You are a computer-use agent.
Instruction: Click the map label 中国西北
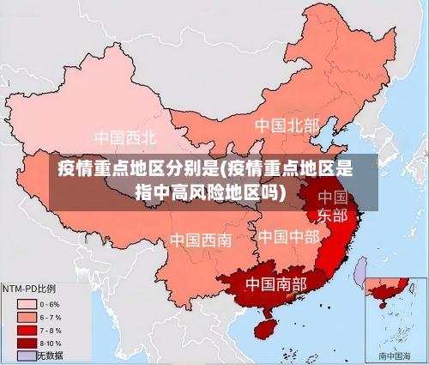pyautogui.click(x=125, y=137)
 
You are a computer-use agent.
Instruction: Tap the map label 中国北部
pyautogui.click(x=287, y=125)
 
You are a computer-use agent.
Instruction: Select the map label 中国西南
pyautogui.click(x=200, y=240)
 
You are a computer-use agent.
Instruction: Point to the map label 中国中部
pyautogui.click(x=288, y=236)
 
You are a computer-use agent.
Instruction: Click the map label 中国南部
pyautogui.click(x=275, y=283)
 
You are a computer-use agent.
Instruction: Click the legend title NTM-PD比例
pyautogui.click(x=29, y=289)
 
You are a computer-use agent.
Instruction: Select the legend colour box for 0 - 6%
pyautogui.click(x=27, y=304)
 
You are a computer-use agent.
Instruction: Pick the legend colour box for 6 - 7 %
pyautogui.click(x=27, y=317)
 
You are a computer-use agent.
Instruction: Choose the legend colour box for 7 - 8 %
pyautogui.click(x=27, y=330)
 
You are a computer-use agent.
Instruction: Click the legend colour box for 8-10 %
pyautogui.click(x=27, y=343)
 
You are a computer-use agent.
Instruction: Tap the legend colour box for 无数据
pyautogui.click(x=27, y=355)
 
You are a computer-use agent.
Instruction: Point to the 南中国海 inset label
pyautogui.click(x=395, y=355)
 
